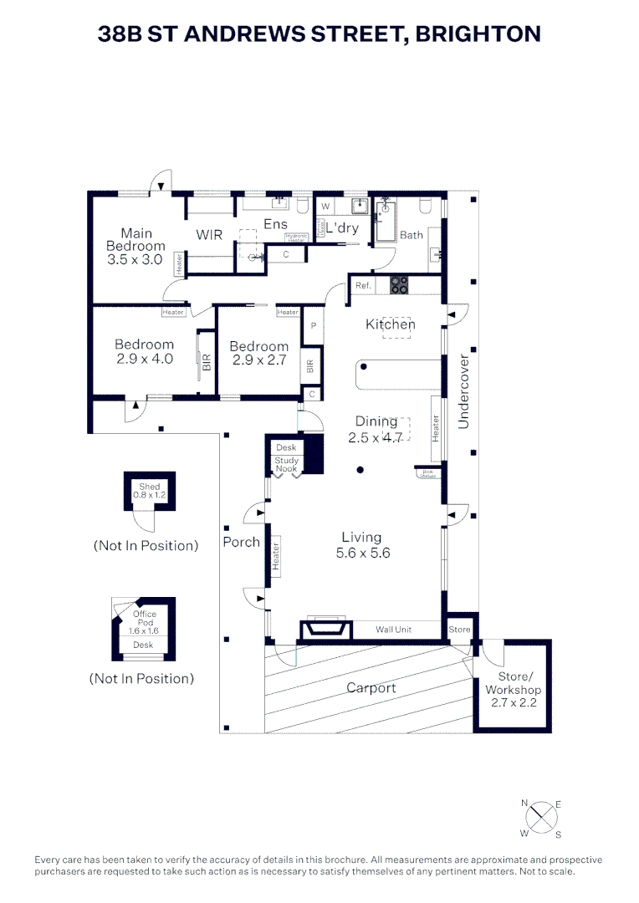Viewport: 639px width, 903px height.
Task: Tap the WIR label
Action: click(x=209, y=235)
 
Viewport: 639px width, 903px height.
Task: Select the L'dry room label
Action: click(x=342, y=228)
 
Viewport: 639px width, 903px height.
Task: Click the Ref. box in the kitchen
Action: click(x=363, y=286)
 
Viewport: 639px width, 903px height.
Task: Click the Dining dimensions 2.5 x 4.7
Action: click(x=376, y=437)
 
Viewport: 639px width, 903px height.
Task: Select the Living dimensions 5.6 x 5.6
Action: click(x=361, y=553)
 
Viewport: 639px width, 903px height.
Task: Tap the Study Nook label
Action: click(x=287, y=465)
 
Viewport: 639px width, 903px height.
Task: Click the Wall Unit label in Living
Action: click(x=394, y=630)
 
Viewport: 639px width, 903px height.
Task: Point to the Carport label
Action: click(x=371, y=688)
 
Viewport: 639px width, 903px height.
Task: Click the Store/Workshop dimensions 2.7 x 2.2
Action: click(x=514, y=703)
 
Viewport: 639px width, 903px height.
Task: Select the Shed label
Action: click(x=149, y=487)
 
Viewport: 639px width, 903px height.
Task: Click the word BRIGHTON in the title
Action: click(x=478, y=33)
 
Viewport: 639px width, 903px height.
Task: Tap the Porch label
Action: click(x=241, y=542)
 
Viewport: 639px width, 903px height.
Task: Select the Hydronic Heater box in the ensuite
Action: click(x=296, y=237)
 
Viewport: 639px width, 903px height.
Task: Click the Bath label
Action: click(x=411, y=235)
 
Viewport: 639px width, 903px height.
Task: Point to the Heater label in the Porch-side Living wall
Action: click(x=275, y=554)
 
